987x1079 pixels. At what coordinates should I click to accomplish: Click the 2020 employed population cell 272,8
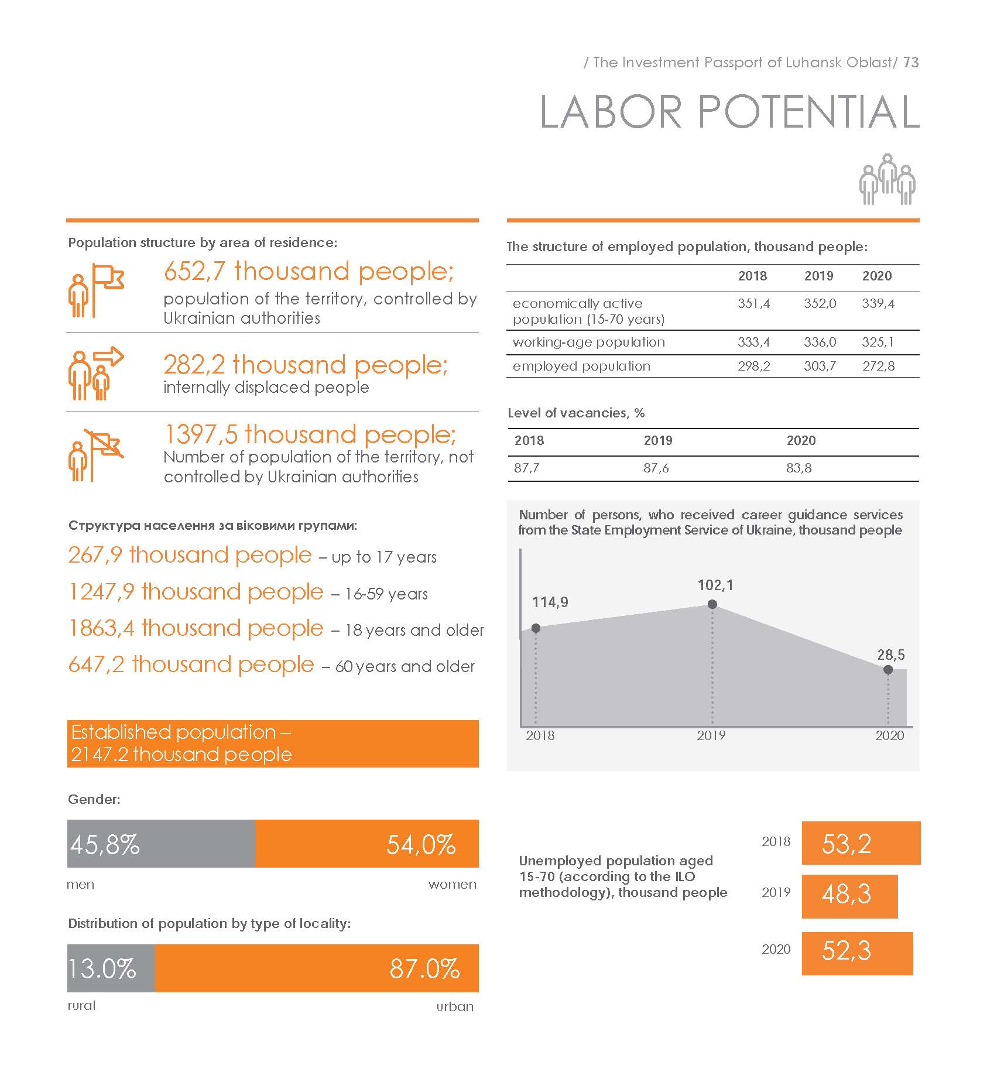pos(878,366)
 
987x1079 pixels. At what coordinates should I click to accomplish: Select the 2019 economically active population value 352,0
pos(820,304)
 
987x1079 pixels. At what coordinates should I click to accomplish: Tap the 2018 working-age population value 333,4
pos(753,342)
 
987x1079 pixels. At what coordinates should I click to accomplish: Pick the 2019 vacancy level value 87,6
pos(656,468)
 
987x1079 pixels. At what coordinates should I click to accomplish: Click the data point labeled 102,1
pos(712,604)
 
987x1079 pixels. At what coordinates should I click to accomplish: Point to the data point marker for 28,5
pos(887,669)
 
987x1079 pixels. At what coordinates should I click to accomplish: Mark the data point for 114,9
pos(536,628)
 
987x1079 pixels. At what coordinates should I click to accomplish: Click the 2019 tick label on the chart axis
pos(711,735)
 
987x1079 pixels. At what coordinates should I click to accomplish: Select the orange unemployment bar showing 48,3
pos(849,896)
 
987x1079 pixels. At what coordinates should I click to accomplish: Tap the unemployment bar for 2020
pos(857,953)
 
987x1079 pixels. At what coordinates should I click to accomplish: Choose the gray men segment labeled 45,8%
pos(161,843)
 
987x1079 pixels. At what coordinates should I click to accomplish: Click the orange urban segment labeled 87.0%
pos(317,968)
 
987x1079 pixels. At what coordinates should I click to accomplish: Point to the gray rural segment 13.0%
pos(111,968)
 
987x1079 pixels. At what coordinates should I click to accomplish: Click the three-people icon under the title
pos(887,179)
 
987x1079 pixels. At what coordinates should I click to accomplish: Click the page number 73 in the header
pos(911,62)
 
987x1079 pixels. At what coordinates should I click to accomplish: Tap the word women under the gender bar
pos(452,884)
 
